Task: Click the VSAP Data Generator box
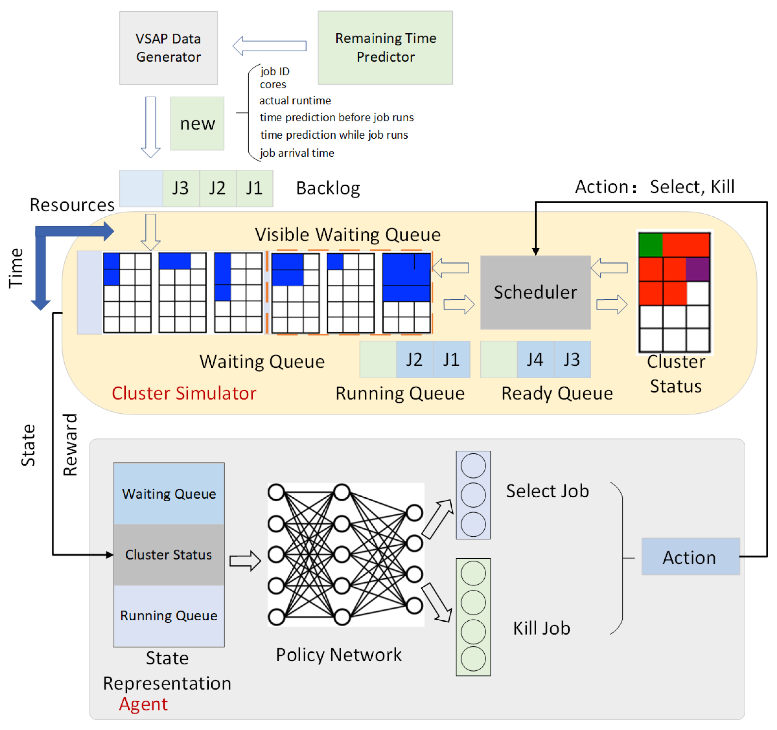pyautogui.click(x=168, y=48)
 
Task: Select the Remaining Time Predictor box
pyautogui.click(x=385, y=48)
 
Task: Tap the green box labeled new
pyautogui.click(x=197, y=123)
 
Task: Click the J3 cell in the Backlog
pyautogui.click(x=181, y=188)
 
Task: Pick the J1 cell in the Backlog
pyautogui.click(x=254, y=188)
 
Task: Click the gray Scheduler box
pyautogui.click(x=535, y=292)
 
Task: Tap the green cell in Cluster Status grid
pyautogui.click(x=650, y=245)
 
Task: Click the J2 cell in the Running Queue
pyautogui.click(x=414, y=359)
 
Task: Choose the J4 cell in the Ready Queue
pyautogui.click(x=535, y=359)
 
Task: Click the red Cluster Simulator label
pyautogui.click(x=184, y=393)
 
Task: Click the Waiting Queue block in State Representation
pyautogui.click(x=169, y=494)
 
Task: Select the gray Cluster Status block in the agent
pyautogui.click(x=169, y=555)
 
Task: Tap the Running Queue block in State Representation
pyautogui.click(x=169, y=615)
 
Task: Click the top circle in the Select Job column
pyautogui.click(x=473, y=466)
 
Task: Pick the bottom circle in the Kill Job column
pyautogui.click(x=473, y=659)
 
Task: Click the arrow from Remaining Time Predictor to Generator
pyautogui.click(x=269, y=46)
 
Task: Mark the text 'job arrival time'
pyautogui.click(x=297, y=153)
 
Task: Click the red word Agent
pyautogui.click(x=143, y=704)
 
